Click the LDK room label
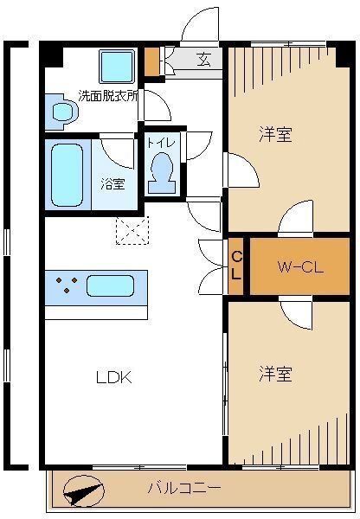[x=114, y=377]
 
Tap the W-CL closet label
[x=300, y=267]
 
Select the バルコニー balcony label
[x=184, y=488]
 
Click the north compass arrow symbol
[x=83, y=491]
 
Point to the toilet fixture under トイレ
[x=162, y=173]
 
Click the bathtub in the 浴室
[x=67, y=175]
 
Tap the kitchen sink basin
[x=110, y=285]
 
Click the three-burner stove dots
[x=67, y=285]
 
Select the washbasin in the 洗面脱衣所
[x=61, y=112]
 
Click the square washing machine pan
[x=117, y=67]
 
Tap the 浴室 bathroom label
[x=113, y=184]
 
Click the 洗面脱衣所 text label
[x=108, y=96]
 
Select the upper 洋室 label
[x=275, y=135]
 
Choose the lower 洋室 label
[x=275, y=374]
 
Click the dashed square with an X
[x=132, y=230]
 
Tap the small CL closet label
[x=236, y=266]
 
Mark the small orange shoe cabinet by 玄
[x=152, y=62]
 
